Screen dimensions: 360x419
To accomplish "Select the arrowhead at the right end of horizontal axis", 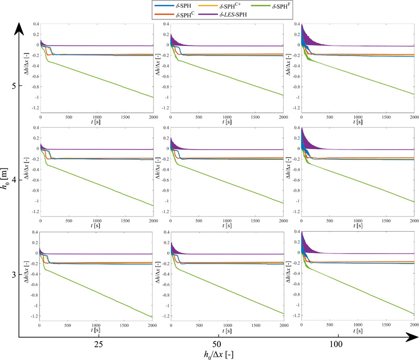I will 410,339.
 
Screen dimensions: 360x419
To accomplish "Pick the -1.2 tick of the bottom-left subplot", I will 33,316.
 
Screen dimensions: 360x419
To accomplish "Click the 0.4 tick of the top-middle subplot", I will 164,24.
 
